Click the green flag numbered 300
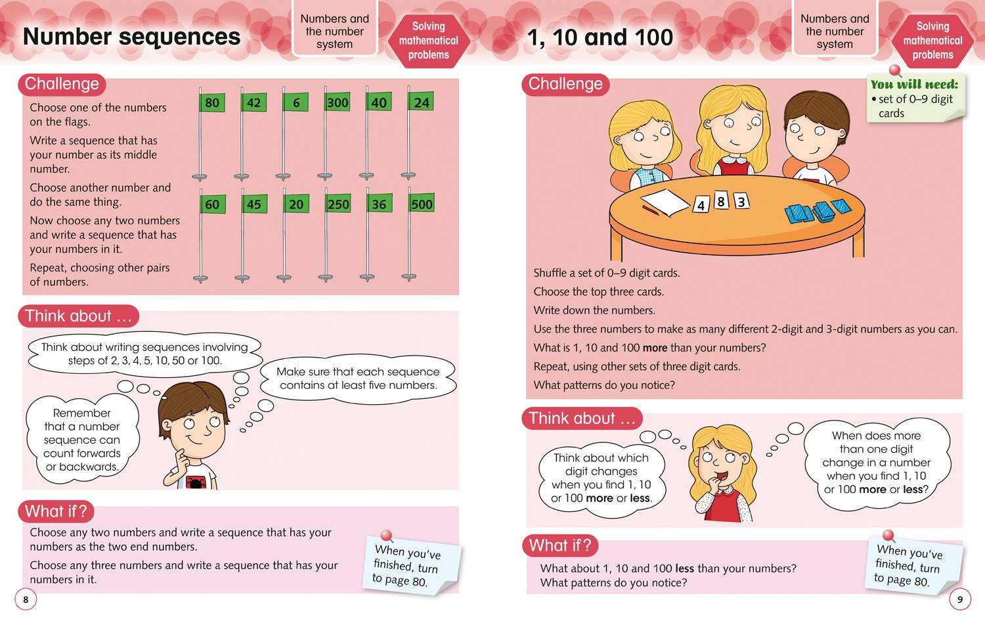338,103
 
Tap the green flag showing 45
253,204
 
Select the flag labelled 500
421,204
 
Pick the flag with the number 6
295,103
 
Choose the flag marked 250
338,204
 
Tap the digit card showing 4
701,206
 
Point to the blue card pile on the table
818,211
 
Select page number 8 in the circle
26,599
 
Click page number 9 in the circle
959,599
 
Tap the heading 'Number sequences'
131,37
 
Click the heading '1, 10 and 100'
600,37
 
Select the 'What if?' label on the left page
56,511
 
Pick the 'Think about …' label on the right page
582,419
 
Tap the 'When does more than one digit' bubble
876,462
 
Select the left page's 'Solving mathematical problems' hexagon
428,41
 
